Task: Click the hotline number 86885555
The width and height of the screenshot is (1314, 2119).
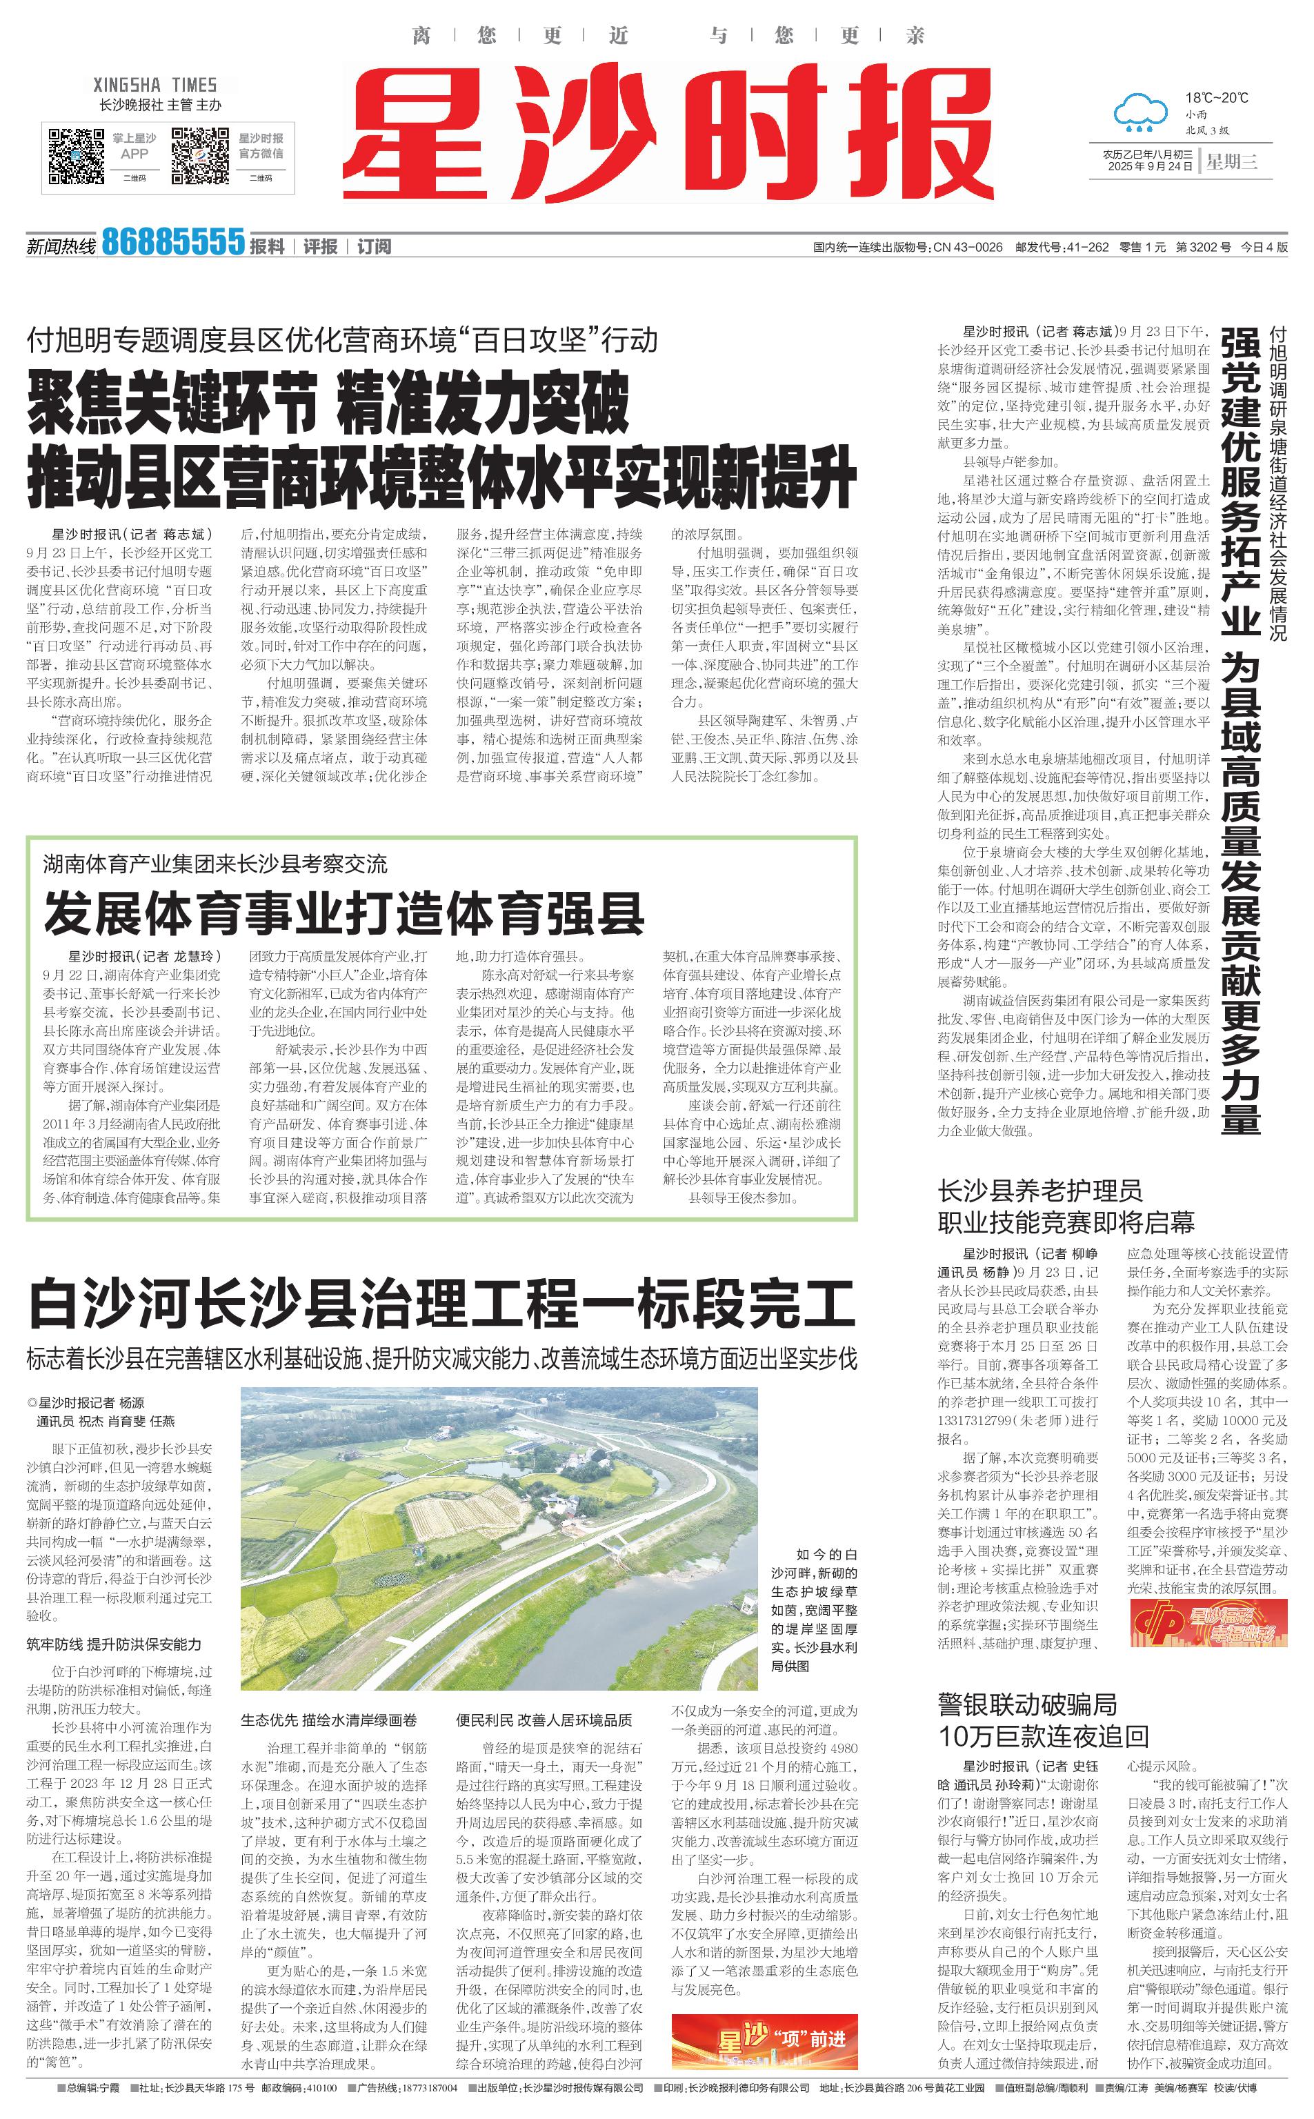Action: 173,242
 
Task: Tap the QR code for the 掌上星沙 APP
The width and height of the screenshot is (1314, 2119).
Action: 76,157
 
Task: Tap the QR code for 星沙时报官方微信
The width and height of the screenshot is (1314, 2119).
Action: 199,157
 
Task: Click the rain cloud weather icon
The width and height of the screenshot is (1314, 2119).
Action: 1140,114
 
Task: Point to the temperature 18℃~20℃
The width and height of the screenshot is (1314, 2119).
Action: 1217,97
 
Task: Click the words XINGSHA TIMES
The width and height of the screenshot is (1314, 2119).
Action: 155,85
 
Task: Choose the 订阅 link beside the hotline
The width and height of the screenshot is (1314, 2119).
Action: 374,247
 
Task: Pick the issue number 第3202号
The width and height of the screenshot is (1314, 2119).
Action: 1203,248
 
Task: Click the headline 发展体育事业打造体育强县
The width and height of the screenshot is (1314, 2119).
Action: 344,913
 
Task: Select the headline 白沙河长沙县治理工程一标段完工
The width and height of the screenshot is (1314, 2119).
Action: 441,1303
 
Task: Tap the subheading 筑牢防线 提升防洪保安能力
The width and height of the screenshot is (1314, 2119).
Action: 114,1644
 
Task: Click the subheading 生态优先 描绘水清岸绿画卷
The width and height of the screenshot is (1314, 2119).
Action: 328,1720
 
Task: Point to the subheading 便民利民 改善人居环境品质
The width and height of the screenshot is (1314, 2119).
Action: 544,1720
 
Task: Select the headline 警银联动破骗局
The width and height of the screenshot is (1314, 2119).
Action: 1027,1704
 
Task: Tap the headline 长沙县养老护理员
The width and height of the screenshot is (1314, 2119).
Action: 1039,1191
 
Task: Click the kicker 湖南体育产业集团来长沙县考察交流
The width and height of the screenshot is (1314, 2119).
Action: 215,864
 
